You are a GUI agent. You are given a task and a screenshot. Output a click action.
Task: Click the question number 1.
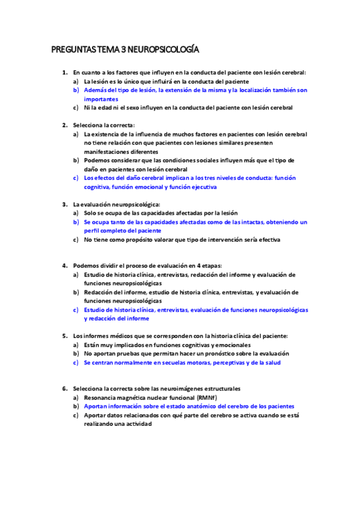pos(64,72)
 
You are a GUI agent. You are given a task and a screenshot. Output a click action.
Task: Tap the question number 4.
pos(64,265)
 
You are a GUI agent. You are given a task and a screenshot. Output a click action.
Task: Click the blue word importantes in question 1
pos(101,99)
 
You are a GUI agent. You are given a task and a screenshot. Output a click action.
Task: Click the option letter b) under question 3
pos(76,221)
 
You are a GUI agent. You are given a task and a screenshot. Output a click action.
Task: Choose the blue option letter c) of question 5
pos(76,363)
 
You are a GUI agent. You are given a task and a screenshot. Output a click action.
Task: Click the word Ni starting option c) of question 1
pos(87,108)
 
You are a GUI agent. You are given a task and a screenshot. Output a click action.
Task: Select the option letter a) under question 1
pos(76,81)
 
